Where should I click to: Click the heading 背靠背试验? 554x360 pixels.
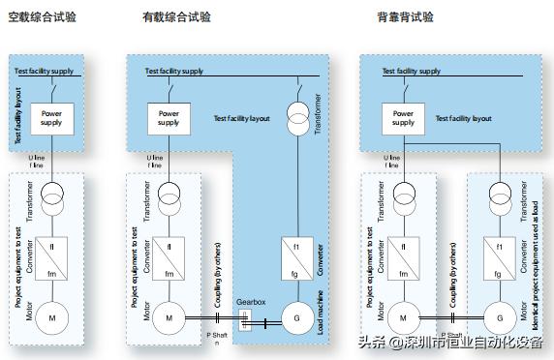tap(405, 17)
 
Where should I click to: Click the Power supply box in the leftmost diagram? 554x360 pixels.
tap(51, 118)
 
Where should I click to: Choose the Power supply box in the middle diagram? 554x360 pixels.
tap(169, 118)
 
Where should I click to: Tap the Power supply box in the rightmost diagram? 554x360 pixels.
tap(403, 118)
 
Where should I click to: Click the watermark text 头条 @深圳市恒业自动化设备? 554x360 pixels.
tap(450, 342)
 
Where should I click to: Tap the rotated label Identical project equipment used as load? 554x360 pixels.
tap(536, 256)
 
